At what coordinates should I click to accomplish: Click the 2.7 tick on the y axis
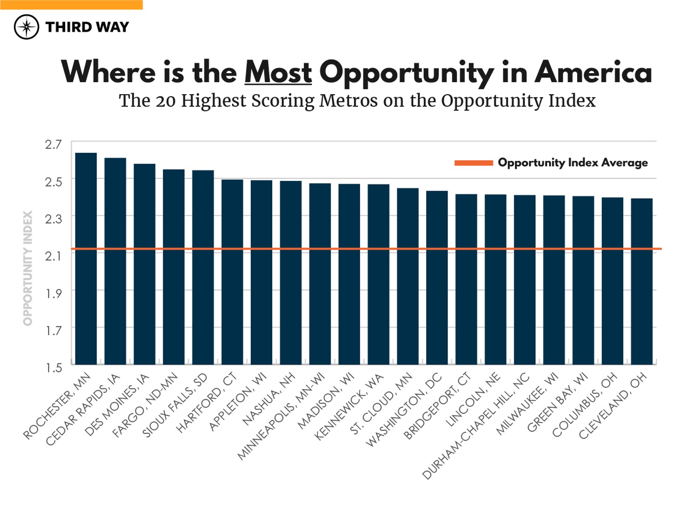53,144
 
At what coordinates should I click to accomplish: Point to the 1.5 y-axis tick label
53,368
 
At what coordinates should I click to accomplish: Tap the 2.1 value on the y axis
53,256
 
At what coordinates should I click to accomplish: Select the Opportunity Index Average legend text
573,163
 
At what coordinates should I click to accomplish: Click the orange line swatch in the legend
473,163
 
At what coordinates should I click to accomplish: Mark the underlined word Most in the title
278,73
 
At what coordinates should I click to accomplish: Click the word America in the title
593,73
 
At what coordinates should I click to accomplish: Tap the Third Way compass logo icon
27,27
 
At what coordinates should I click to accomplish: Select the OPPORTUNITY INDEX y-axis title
28,268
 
